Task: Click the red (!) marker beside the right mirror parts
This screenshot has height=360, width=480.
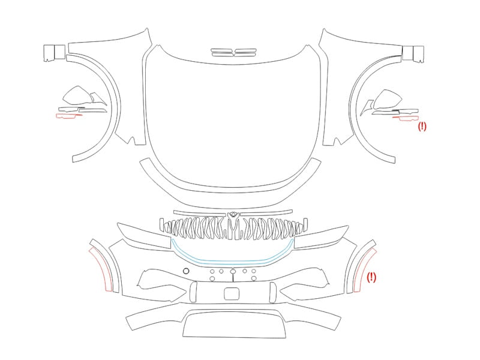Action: pyautogui.click(x=422, y=126)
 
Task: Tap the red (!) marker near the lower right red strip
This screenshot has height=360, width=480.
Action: pyautogui.click(x=371, y=277)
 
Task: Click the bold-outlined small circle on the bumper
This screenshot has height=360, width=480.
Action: pyautogui.click(x=186, y=271)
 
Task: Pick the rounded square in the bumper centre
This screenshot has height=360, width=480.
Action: pyautogui.click(x=232, y=294)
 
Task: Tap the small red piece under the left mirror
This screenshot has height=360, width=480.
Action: pyautogui.click(x=69, y=116)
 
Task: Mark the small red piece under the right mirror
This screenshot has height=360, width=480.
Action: pyautogui.click(x=406, y=118)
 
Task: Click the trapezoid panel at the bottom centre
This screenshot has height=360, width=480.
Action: pyautogui.click(x=234, y=325)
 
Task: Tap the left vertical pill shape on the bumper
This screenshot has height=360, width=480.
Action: pyautogui.click(x=193, y=292)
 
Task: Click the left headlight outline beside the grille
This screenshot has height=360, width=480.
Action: pyautogui.click(x=144, y=236)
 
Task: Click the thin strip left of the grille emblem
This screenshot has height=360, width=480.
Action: pyautogui.click(x=201, y=212)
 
